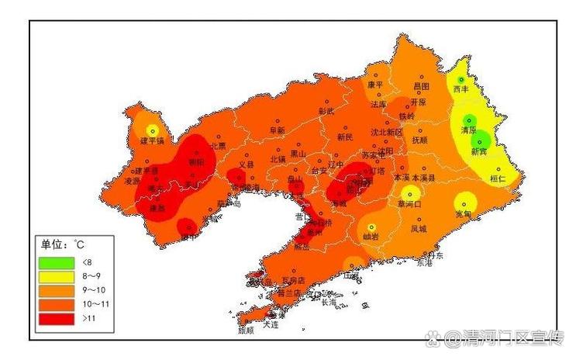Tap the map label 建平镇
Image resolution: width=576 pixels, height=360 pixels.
(152, 141)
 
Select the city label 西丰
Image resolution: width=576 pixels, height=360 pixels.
(461, 89)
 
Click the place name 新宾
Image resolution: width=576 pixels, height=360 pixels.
(478, 151)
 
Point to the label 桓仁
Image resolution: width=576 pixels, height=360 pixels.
(498, 178)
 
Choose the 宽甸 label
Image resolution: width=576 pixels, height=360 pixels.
(463, 213)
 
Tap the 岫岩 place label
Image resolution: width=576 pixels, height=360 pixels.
(371, 237)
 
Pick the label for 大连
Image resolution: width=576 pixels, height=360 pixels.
(270, 324)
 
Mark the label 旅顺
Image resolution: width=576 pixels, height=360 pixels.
(246, 331)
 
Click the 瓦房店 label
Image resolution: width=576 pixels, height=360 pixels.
(294, 279)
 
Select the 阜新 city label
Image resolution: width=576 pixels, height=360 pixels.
(277, 131)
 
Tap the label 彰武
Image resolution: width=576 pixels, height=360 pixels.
(326, 111)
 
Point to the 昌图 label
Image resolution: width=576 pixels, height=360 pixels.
(421, 87)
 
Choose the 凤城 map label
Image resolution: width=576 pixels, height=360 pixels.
(418, 229)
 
